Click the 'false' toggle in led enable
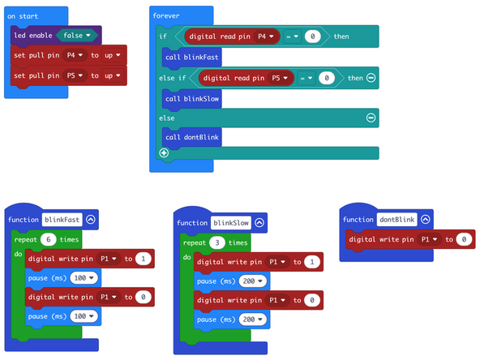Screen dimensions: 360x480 [78, 35]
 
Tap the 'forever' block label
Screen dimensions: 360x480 [166, 16]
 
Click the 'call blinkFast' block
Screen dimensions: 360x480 [191, 58]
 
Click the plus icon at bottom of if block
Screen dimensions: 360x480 [164, 152]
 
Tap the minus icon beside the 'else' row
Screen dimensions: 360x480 [371, 118]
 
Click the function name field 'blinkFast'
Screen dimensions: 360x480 [62, 219]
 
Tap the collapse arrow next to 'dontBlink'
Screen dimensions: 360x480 [426, 219]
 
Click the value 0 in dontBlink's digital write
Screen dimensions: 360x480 [462, 239]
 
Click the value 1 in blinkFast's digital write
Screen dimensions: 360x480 [144, 259]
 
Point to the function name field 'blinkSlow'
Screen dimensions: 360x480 [230, 222]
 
